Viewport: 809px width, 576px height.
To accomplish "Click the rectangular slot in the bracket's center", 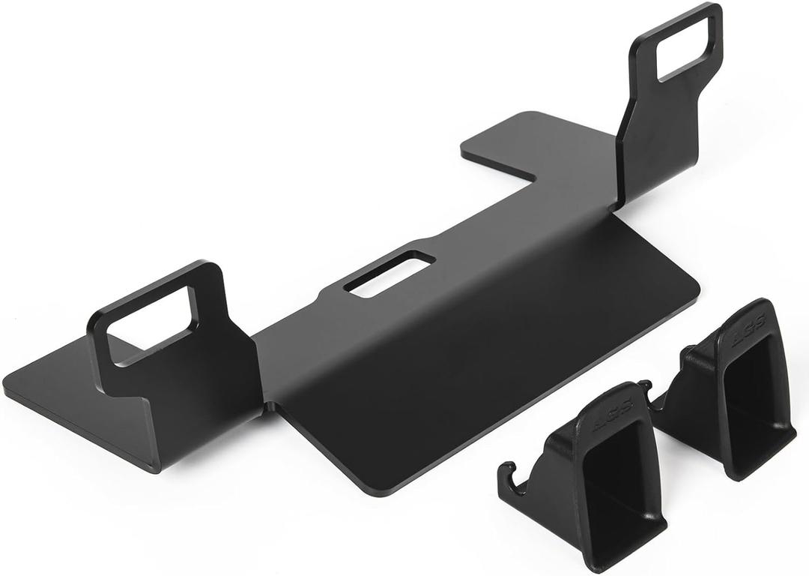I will (x=390, y=274).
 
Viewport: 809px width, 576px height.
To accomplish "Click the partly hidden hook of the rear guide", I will (x=646, y=389).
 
